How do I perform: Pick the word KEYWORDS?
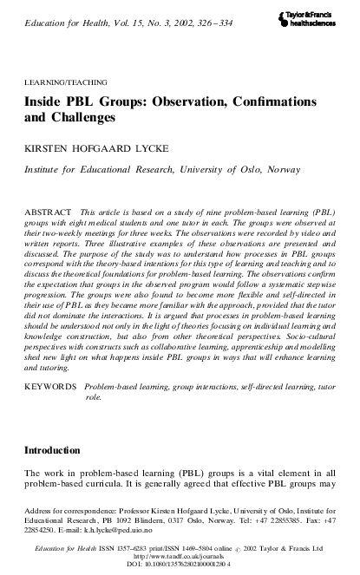50,406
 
